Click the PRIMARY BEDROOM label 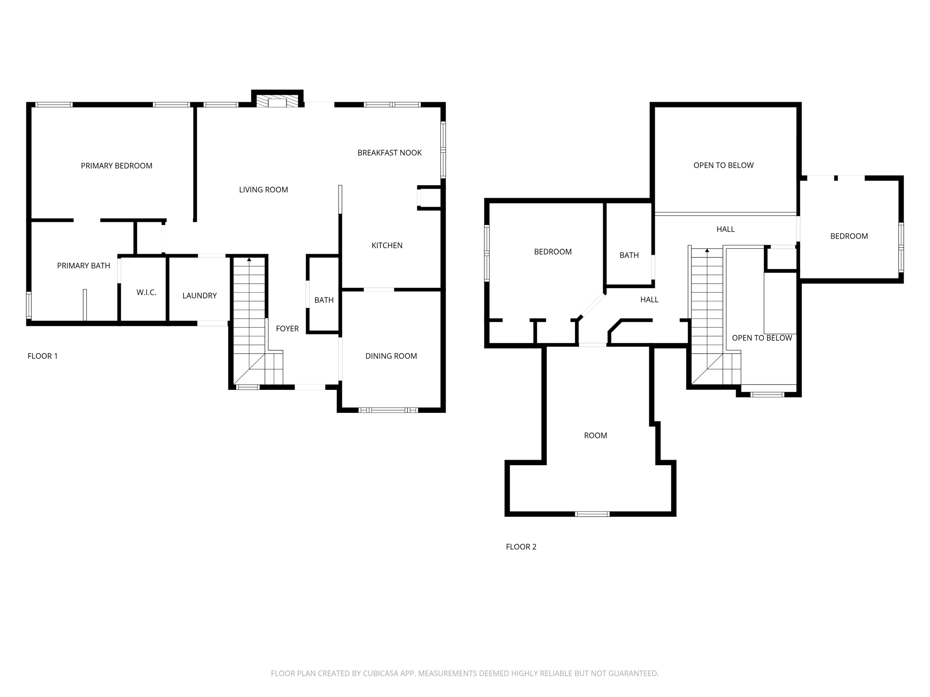[x=116, y=166]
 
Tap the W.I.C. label [x=146, y=293]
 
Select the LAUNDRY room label [x=199, y=295]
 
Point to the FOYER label [x=287, y=329]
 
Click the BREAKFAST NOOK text [x=389, y=152]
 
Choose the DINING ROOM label [x=391, y=356]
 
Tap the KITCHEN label [x=387, y=245]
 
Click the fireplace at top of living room [x=277, y=102]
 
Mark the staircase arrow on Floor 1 [x=249, y=260]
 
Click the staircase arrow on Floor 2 [x=707, y=250]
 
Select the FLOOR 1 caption [x=43, y=356]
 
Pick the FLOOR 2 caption [x=521, y=547]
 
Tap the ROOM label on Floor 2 [x=595, y=436]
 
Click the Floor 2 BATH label [x=629, y=255]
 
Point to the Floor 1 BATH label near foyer [x=324, y=300]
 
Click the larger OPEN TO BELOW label [x=723, y=165]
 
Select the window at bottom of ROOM [x=592, y=514]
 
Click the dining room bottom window [x=388, y=410]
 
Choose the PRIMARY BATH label [x=84, y=265]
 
